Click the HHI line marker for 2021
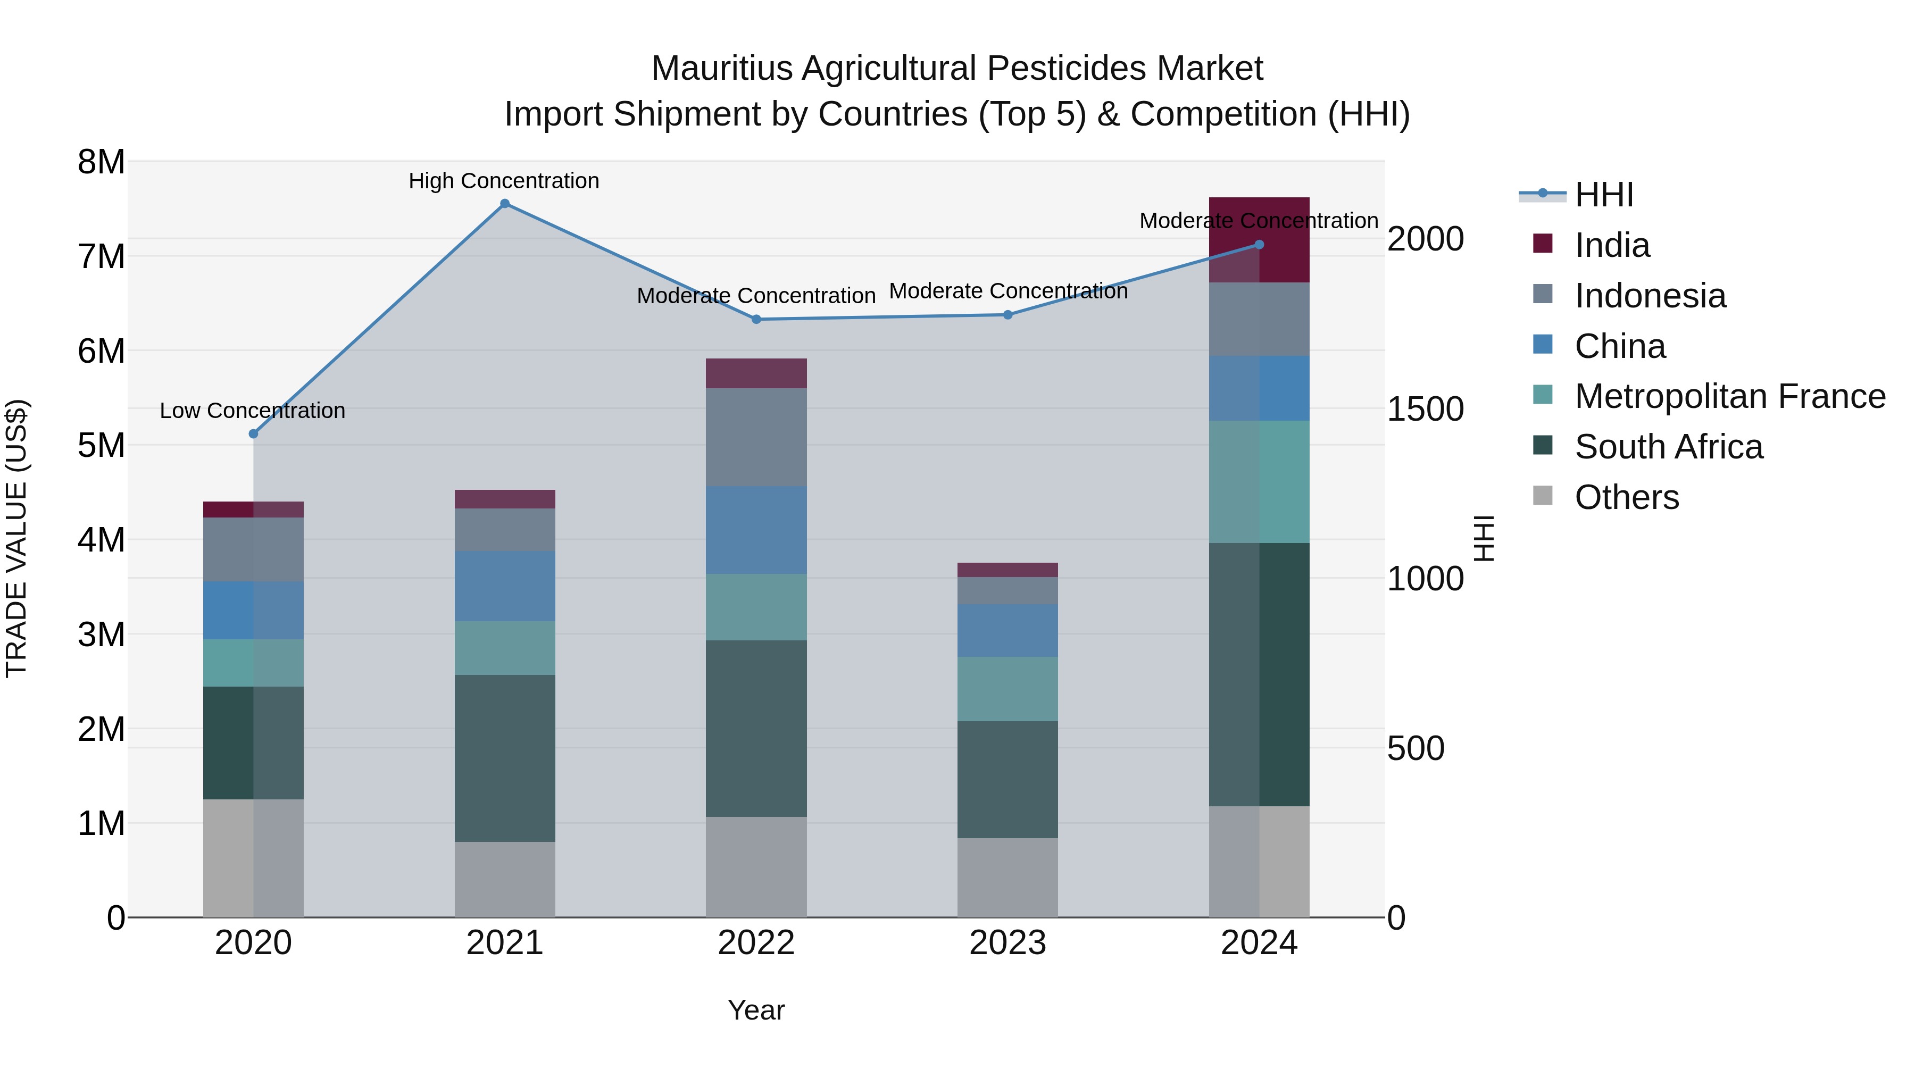(505, 204)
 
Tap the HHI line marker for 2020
(254, 433)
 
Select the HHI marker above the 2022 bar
(756, 320)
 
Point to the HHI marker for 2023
(1008, 315)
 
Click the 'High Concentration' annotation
(504, 181)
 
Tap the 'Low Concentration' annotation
(253, 411)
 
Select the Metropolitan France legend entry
(1730, 397)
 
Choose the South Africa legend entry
(1668, 447)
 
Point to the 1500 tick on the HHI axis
(1425, 410)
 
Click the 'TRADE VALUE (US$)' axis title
(17, 539)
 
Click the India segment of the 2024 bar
(1259, 239)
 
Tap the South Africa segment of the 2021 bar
(505, 758)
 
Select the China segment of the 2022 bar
(756, 530)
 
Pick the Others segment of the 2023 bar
(1008, 877)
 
